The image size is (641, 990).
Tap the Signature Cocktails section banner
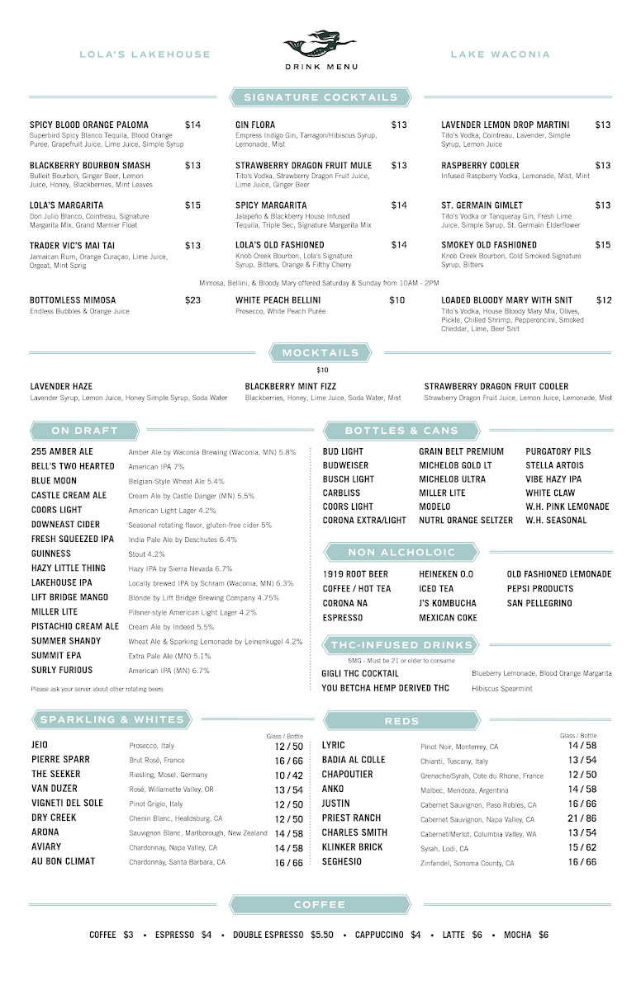pos(320,97)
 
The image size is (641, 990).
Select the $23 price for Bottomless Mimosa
pos(192,300)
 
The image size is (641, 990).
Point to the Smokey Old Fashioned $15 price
pos(603,245)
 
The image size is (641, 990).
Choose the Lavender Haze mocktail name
pos(61,386)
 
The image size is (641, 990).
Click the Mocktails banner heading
pos(320,353)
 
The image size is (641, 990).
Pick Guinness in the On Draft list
pos(51,554)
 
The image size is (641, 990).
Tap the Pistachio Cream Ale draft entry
pos(75,626)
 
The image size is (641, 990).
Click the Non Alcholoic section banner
pos(401,553)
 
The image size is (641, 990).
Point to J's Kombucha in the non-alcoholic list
pos(448,603)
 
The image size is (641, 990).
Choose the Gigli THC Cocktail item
pos(360,673)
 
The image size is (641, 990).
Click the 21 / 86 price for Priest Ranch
pos(582,818)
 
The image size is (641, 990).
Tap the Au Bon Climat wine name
pos(64,861)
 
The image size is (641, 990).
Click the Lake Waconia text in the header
pos(500,54)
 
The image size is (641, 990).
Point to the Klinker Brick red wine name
pos(353,847)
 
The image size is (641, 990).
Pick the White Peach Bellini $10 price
pos(397,300)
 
